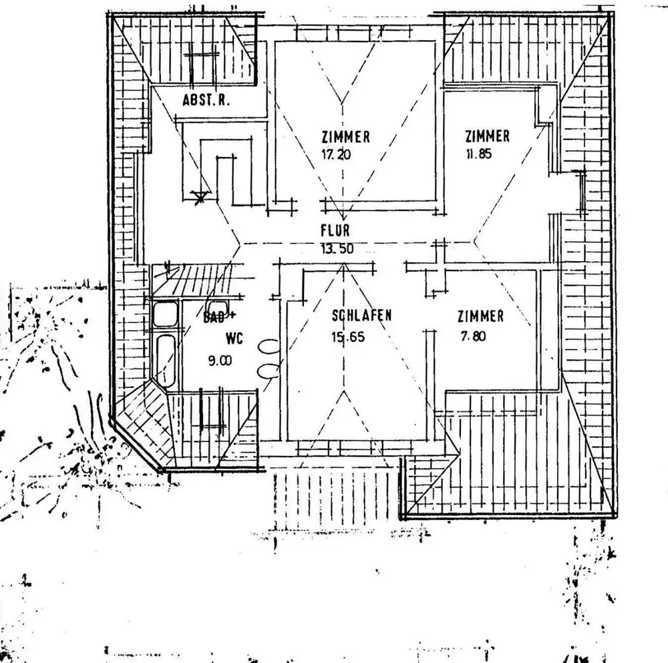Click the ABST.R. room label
[x=206, y=101]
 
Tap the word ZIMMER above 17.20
[x=345, y=138]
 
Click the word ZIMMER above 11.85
[x=488, y=136]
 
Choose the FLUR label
[x=335, y=232]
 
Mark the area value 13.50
[x=337, y=250]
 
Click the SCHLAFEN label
[x=361, y=316]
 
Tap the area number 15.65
[x=348, y=337]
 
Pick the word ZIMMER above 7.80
[x=480, y=316]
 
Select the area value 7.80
[x=472, y=337]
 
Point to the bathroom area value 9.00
[x=220, y=361]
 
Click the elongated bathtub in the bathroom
[x=166, y=360]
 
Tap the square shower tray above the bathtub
[x=166, y=314]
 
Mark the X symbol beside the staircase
[x=198, y=196]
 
